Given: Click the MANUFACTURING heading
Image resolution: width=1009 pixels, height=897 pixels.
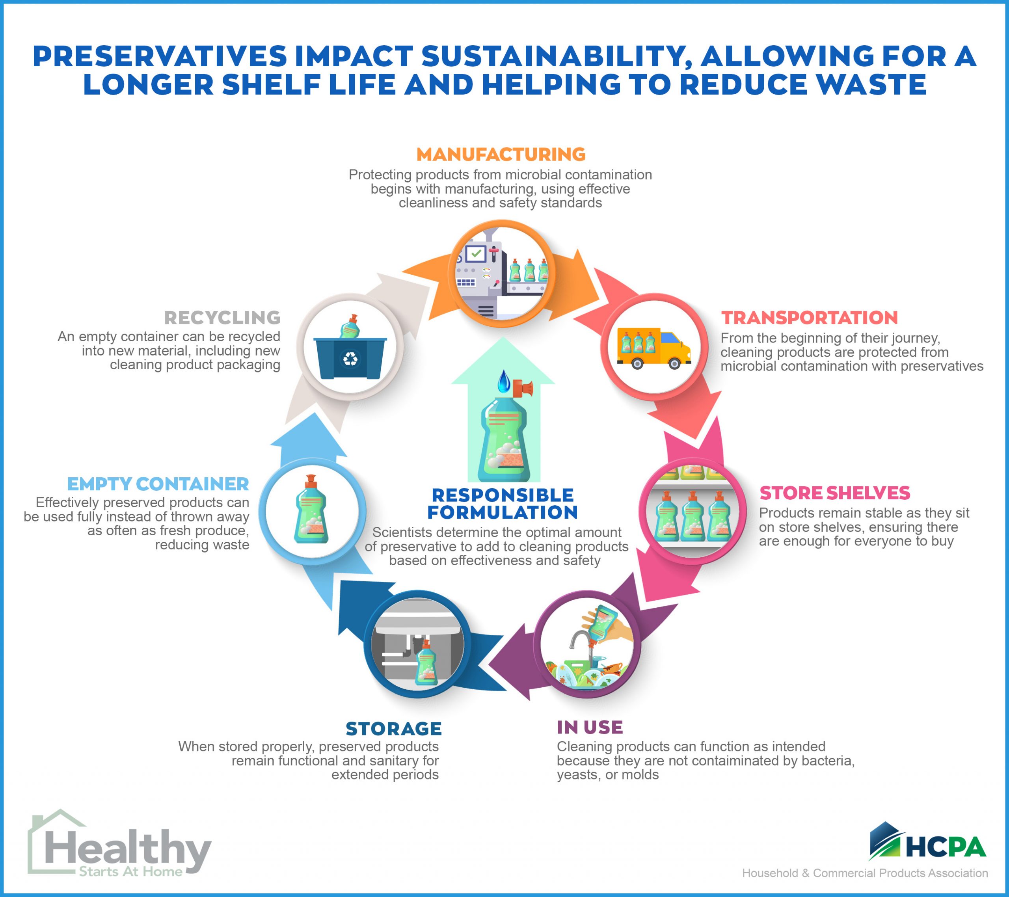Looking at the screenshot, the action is coord(501,154).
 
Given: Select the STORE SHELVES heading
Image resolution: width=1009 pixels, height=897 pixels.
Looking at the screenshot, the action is coord(835,493).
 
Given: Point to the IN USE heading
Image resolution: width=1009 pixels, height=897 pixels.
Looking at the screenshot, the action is coord(590,727).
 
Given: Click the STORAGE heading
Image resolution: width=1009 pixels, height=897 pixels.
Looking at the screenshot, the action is coord(393,729).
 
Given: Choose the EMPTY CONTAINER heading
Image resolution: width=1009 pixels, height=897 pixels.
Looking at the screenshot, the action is coord(158,484).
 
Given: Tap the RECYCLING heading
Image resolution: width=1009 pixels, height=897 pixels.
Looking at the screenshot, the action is coord(222,317).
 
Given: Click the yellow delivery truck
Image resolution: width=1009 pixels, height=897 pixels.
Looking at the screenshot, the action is coord(654,348).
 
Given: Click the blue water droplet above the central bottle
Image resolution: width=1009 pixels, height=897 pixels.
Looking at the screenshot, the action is coord(503,381).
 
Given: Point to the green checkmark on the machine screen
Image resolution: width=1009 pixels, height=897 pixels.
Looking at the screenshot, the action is coord(476,253).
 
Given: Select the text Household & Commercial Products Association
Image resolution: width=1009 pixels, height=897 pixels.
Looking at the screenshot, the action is coord(865,873).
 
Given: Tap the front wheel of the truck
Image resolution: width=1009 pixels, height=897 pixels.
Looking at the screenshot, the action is coord(674,363).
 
